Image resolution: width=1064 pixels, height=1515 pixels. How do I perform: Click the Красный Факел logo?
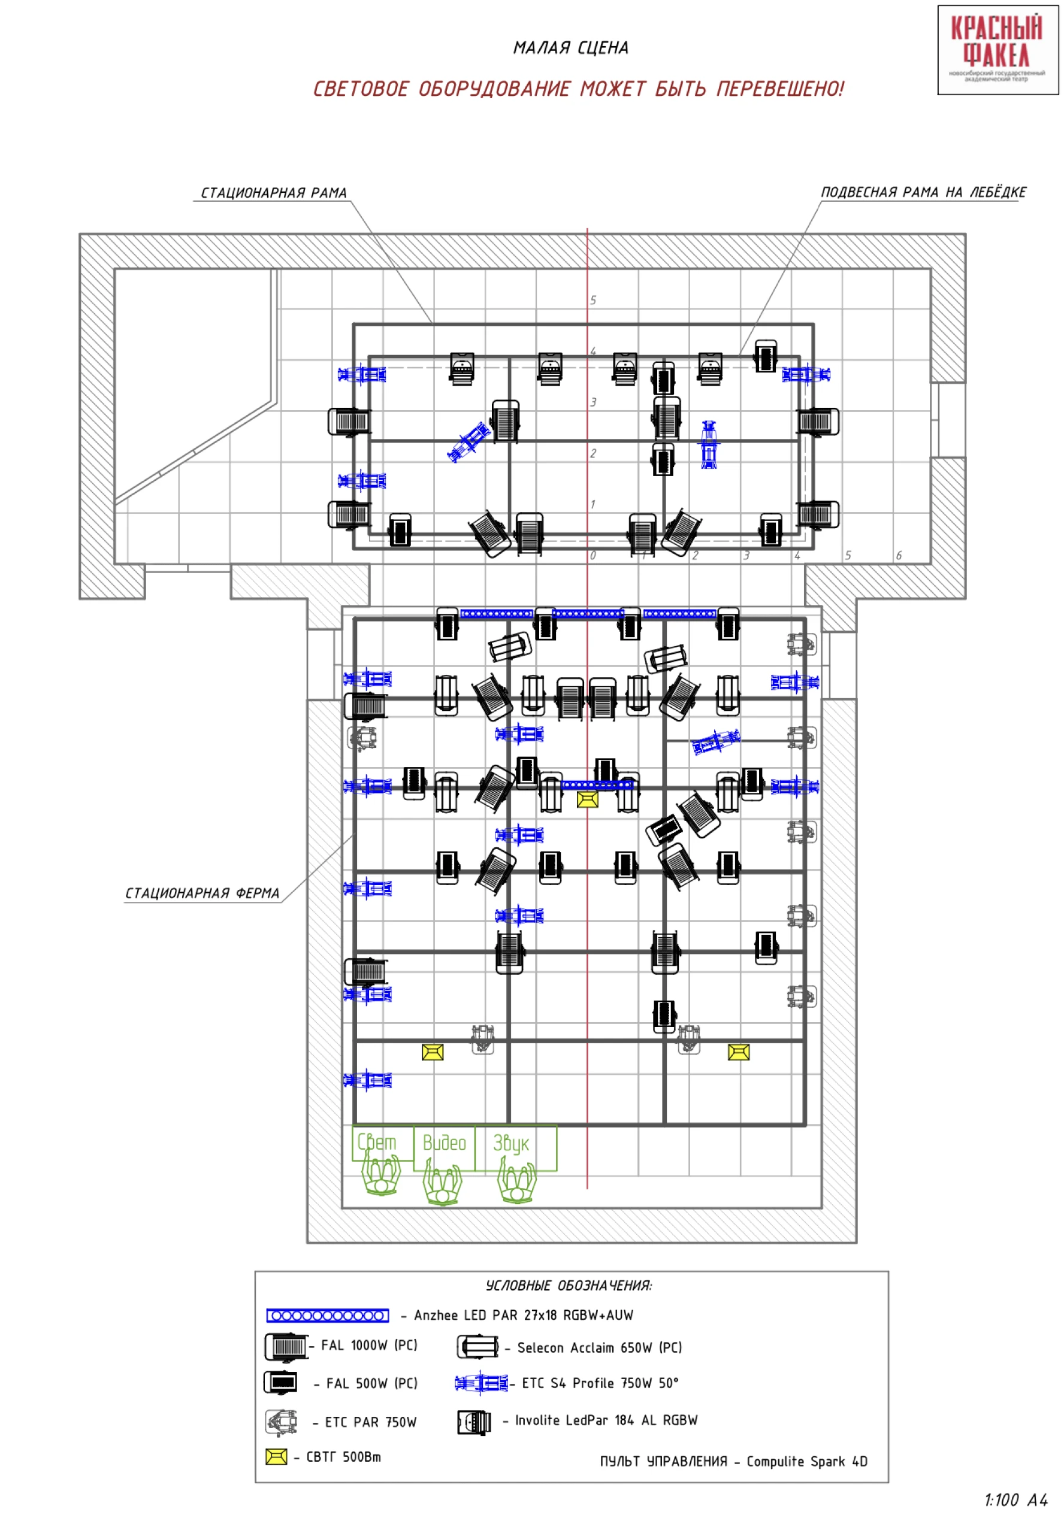997,50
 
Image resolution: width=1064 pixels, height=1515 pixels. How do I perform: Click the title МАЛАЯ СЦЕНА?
571,48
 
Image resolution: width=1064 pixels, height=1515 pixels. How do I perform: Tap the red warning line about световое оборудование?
578,89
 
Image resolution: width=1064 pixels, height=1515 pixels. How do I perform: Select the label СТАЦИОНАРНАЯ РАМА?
274,193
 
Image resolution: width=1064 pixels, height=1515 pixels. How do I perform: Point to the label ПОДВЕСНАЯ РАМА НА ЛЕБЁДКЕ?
923,192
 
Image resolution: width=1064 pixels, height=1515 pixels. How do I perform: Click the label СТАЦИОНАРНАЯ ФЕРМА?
202,893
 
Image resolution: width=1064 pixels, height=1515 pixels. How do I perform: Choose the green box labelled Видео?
444,1148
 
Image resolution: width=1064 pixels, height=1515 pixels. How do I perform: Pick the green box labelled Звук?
515,1148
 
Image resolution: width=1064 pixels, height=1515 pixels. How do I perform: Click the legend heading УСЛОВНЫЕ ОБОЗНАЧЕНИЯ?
569,1286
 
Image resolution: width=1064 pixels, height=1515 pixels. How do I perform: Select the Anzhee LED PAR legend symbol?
327,1316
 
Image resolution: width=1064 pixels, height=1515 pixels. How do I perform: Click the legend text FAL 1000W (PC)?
370,1346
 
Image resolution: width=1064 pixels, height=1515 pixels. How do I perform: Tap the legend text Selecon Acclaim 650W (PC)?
599,1348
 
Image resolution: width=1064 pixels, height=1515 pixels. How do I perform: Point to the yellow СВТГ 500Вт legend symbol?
277,1457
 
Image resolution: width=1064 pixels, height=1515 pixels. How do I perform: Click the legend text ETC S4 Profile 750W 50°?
600,1384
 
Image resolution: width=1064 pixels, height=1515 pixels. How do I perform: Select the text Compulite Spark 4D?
806,1462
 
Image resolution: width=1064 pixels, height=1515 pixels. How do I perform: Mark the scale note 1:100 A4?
1016,1500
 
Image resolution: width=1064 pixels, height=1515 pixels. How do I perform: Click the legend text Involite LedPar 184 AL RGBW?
606,1420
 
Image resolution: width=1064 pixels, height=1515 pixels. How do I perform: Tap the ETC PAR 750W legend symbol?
281,1423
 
